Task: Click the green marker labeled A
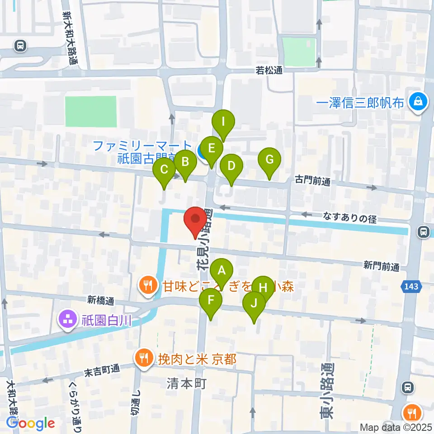222,271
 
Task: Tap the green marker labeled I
223,122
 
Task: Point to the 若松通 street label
269,71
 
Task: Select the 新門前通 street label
382,266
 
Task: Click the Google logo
30,423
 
